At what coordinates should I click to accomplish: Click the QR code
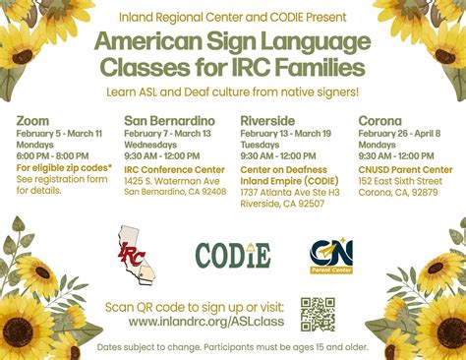[x=318, y=313]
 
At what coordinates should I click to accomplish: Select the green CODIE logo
[x=233, y=255]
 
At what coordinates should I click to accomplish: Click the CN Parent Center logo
[x=331, y=255]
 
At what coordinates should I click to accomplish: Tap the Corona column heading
[x=381, y=121]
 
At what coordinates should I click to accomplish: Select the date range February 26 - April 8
[x=399, y=133]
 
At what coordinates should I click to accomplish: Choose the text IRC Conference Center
[x=174, y=169]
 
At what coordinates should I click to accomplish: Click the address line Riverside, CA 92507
[x=283, y=203]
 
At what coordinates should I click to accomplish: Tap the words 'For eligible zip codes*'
[x=55, y=167]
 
